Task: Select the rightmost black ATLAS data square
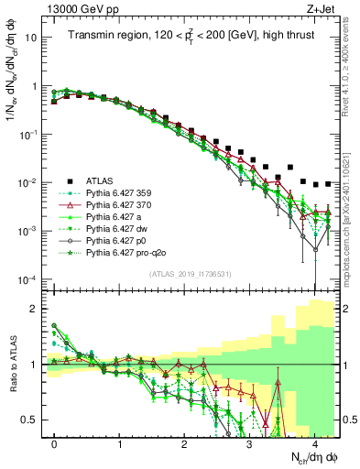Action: point(328,184)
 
